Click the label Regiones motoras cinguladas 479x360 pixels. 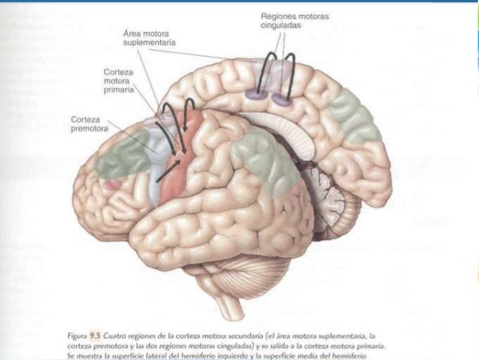(x=288, y=21)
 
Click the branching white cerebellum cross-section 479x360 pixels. (x=327, y=188)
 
